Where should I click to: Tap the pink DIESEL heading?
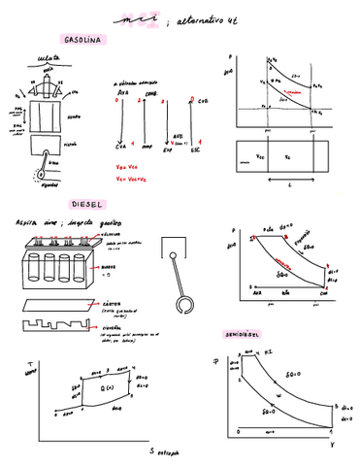pyautogui.click(x=85, y=206)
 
